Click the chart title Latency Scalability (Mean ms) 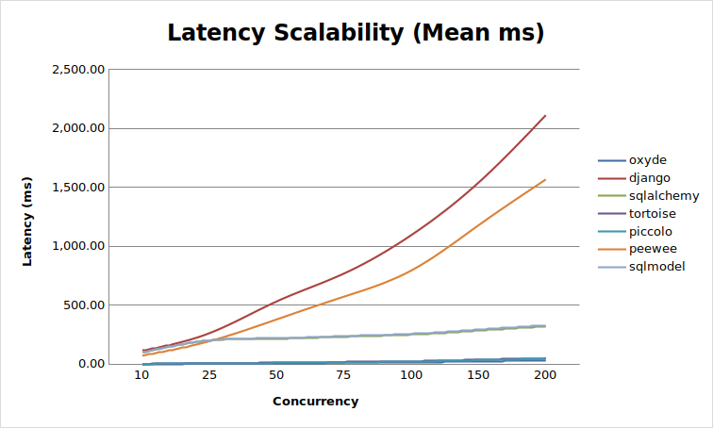pos(356,32)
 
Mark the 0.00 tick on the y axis pos(90,364)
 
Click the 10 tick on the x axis pos(141,376)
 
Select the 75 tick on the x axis pos(343,376)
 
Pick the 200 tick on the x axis pos(545,376)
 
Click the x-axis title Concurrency pos(315,402)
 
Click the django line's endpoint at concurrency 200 pos(545,116)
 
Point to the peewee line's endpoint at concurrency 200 pos(545,180)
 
